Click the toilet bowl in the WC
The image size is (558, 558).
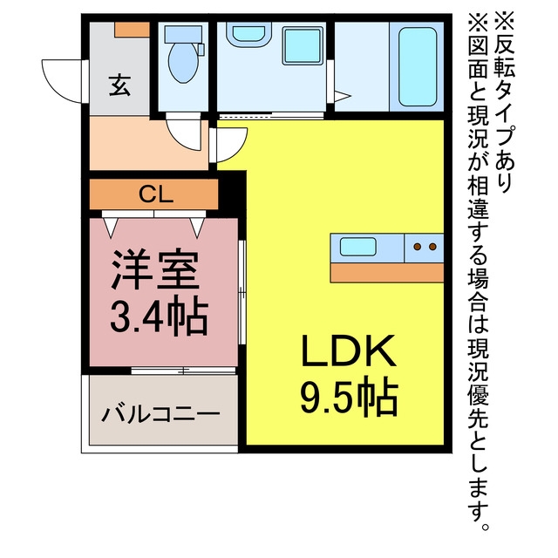(x=183, y=63)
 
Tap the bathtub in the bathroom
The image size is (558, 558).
(x=418, y=66)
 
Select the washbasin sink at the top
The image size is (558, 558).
(x=248, y=33)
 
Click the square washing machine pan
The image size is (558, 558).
(x=303, y=46)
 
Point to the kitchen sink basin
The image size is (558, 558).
(x=358, y=247)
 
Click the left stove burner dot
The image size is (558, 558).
(x=418, y=247)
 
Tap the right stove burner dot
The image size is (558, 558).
(x=432, y=247)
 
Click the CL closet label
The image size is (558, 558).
(x=155, y=194)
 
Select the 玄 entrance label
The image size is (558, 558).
(x=119, y=85)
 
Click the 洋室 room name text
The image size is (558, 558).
(x=155, y=270)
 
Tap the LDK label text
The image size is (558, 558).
(x=349, y=350)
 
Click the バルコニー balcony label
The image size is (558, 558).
(x=160, y=415)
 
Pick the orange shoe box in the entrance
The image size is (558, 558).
(x=132, y=29)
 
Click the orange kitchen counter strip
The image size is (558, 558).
(x=387, y=273)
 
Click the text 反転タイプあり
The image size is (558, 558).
(x=504, y=103)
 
